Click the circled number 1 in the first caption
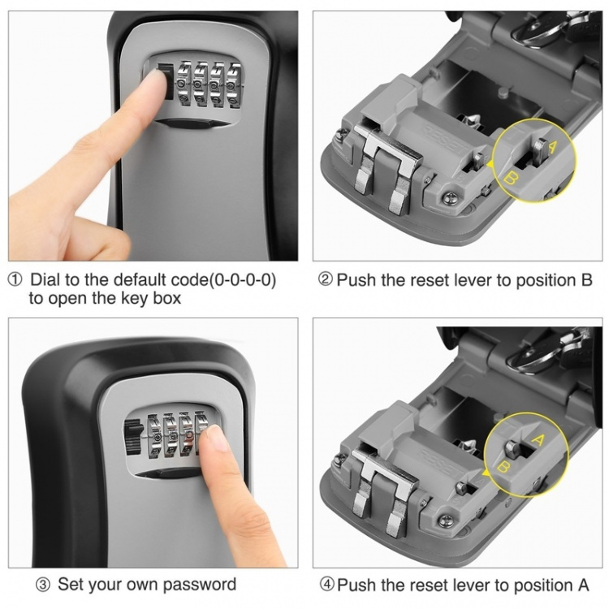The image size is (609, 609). pyautogui.click(x=15, y=280)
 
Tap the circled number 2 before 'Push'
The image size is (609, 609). pyautogui.click(x=325, y=280)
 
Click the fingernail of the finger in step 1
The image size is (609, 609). pyautogui.click(x=155, y=77)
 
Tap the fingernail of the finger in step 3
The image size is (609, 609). pyautogui.click(x=214, y=438)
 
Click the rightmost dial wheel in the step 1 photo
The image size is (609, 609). pyautogui.click(x=234, y=85)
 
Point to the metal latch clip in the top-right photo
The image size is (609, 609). pyautogui.click(x=381, y=171)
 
